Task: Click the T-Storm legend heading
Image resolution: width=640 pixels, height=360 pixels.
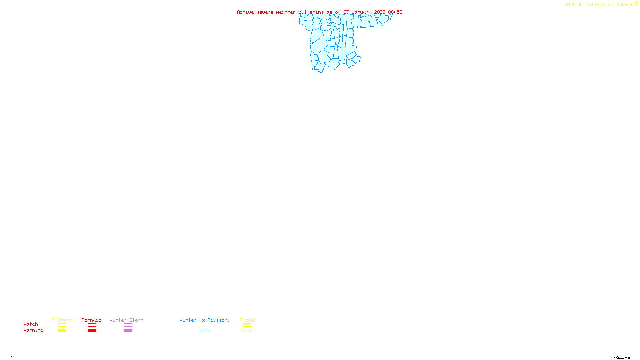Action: [62, 320]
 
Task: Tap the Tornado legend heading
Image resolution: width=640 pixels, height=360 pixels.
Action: [92, 320]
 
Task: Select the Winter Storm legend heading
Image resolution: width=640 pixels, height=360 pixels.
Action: [126, 320]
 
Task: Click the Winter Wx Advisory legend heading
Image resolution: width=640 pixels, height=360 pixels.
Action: [205, 320]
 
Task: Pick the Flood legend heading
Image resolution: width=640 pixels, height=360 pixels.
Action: [247, 320]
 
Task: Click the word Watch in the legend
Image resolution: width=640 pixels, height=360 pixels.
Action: [31, 324]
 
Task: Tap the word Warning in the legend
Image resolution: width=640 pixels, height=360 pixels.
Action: [34, 330]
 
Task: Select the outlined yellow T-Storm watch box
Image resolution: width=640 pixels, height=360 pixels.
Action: [62, 325]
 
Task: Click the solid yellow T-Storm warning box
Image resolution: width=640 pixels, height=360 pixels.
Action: [62, 331]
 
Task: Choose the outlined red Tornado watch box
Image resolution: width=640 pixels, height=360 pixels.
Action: [92, 325]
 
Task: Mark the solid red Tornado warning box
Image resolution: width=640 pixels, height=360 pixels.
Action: [92, 331]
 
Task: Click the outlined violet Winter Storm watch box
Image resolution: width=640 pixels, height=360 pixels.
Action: [128, 325]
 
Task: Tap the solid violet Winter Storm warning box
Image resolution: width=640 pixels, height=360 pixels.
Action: [128, 331]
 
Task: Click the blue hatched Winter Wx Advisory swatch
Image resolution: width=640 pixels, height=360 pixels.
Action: [204, 331]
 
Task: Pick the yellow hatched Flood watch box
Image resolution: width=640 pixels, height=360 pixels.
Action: [247, 325]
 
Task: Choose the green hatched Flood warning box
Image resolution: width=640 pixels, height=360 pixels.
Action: [247, 331]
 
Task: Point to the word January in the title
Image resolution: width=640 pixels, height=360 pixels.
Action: [362, 12]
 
